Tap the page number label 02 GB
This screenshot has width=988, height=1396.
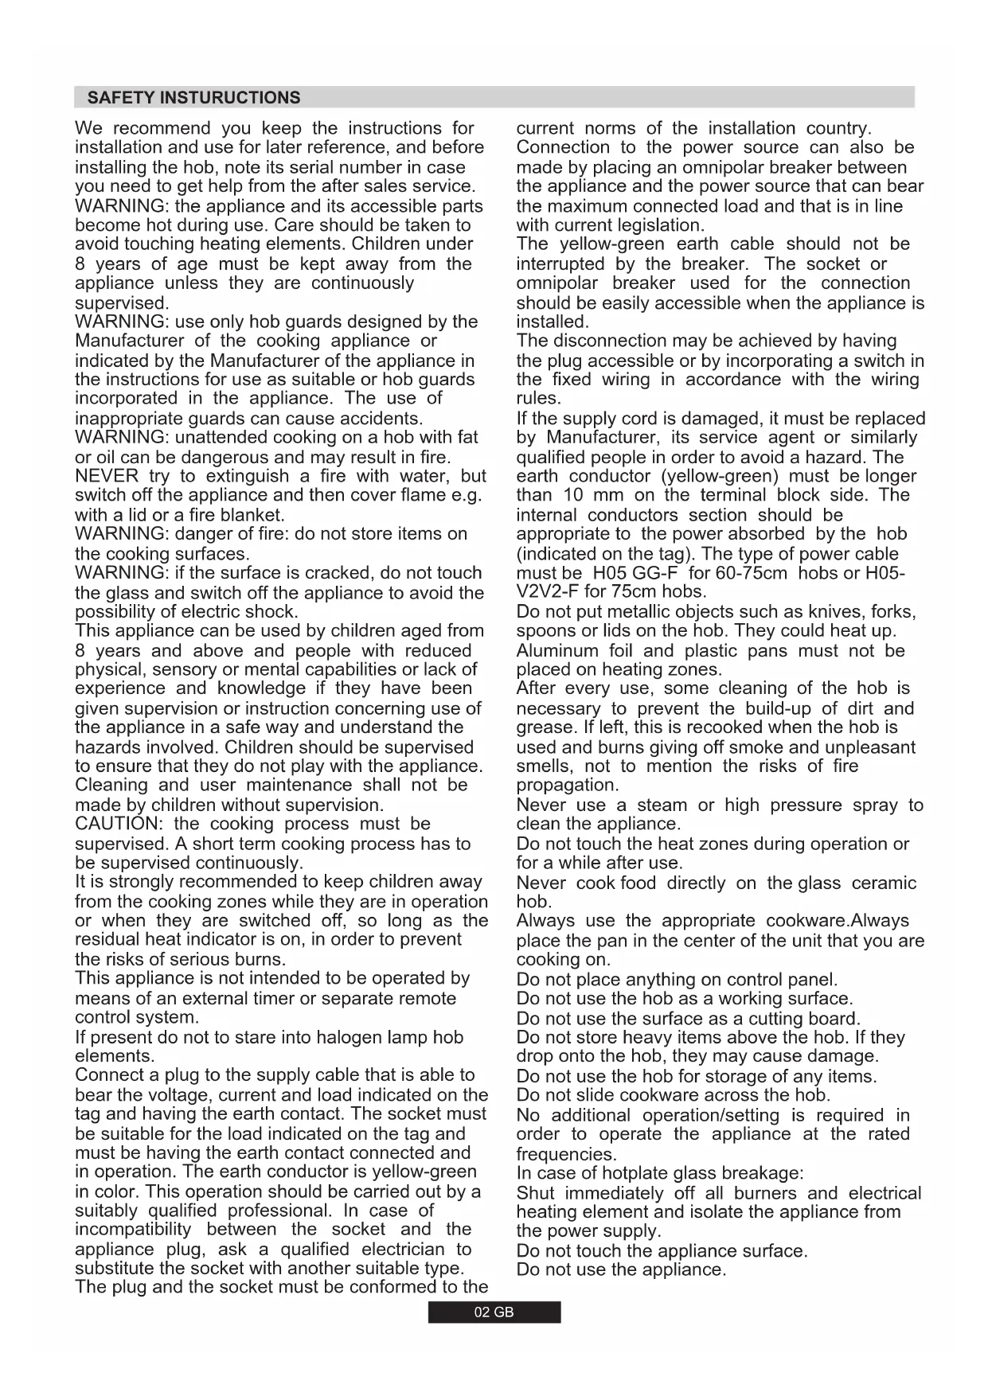click(494, 1312)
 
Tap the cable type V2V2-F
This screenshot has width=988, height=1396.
click(548, 591)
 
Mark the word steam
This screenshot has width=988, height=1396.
click(662, 805)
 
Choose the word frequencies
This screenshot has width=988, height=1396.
click(566, 1154)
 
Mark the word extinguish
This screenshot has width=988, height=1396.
click(248, 476)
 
